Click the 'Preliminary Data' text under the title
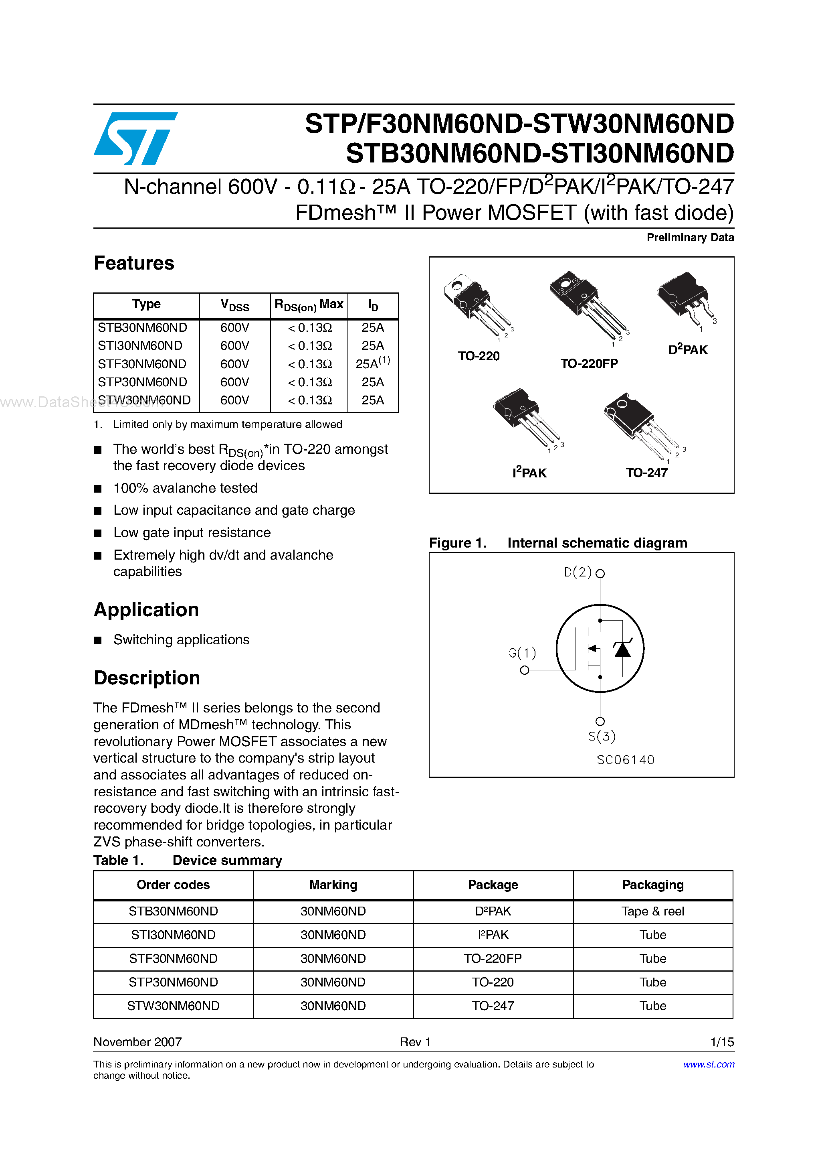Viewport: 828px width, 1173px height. point(690,237)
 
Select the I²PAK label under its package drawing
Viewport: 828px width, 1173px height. point(529,473)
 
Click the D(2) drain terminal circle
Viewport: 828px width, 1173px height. point(600,574)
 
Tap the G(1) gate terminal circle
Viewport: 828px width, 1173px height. point(524,670)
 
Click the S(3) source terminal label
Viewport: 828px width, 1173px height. point(602,736)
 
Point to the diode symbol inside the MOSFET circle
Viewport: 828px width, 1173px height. point(622,649)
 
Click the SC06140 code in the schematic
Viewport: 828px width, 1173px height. point(625,760)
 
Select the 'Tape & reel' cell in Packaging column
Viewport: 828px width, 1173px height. point(652,911)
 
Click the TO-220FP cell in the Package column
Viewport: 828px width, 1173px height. point(493,958)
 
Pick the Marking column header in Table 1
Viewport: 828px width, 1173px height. point(333,885)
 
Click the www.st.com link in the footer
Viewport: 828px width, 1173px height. point(709,1064)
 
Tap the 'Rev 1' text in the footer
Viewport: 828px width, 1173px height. point(415,1042)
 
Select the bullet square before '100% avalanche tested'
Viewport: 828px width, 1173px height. point(98,489)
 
